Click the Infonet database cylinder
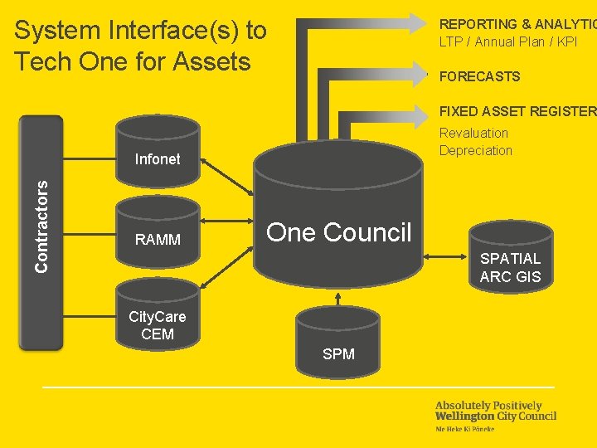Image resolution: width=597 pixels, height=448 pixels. [158, 149]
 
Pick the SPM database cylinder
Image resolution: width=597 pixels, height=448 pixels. [338, 340]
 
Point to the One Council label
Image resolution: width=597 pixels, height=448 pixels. [338, 232]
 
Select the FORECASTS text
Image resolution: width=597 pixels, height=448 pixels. [479, 76]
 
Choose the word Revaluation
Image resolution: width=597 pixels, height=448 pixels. [473, 133]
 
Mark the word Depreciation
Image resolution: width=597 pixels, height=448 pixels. [476, 150]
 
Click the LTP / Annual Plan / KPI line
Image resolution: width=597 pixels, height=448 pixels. [508, 41]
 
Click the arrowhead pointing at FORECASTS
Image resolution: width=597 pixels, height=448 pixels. [423, 73]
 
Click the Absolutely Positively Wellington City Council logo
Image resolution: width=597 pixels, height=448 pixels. [496, 415]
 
